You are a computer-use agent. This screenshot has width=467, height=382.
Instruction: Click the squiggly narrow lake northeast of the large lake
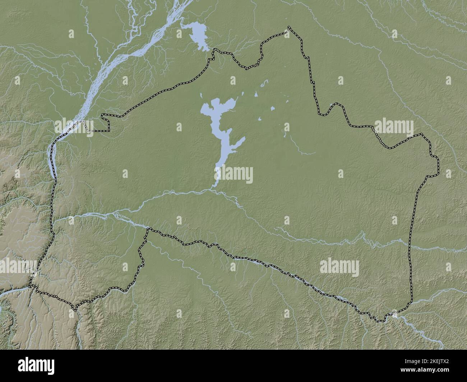click(x=265, y=83)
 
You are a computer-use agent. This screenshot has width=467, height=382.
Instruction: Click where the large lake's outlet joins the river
click(x=213, y=187)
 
